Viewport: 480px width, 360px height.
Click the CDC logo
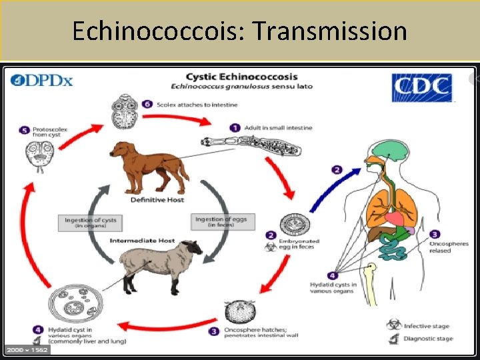[x=421, y=88]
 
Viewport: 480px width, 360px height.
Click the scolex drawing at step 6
[x=124, y=111]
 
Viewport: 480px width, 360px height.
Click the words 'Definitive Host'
[x=158, y=200]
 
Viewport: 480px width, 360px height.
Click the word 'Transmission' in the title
[x=332, y=31]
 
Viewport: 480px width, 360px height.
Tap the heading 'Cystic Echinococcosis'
[x=241, y=77]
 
